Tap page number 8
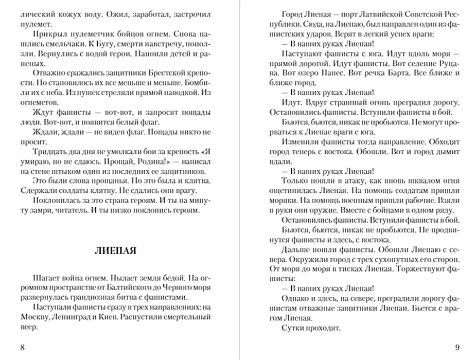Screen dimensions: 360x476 tap(22, 346)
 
